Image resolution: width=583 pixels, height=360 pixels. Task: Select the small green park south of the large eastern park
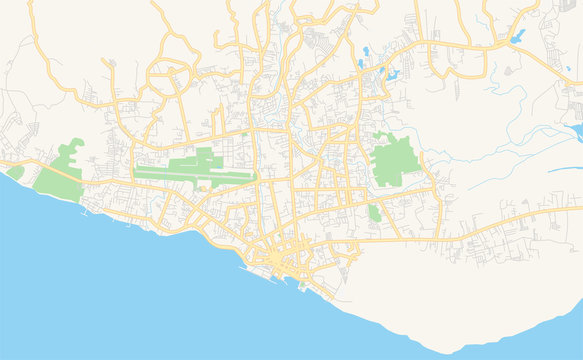[374, 212]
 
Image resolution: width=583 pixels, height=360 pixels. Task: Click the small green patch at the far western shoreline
[14, 172]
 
